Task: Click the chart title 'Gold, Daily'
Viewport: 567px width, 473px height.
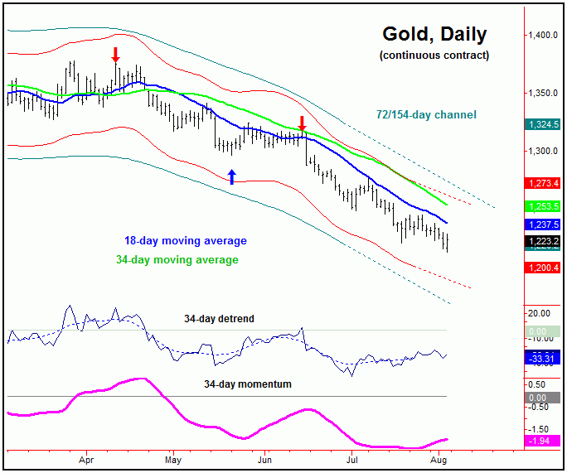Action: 434,35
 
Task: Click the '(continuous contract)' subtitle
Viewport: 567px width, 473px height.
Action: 434,56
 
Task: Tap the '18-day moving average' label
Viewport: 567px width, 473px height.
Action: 184,241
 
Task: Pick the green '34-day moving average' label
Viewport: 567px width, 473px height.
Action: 177,260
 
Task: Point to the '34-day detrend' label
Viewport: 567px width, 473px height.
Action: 220,318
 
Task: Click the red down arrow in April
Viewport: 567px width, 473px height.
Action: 115,55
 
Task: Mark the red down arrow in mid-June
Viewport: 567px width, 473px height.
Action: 302,123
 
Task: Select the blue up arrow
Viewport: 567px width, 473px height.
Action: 232,176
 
